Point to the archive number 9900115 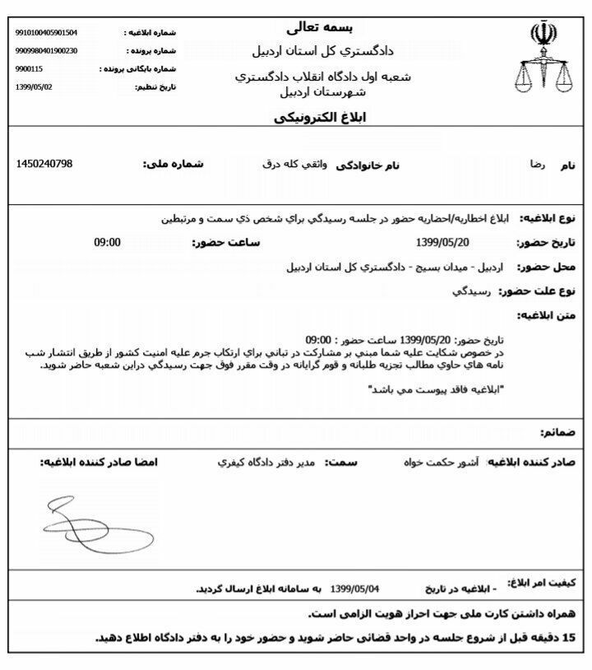coord(30,69)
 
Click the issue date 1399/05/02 coord(34,86)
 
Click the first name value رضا coord(537,165)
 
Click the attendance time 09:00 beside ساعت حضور coord(107,242)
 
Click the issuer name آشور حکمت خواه coord(449,463)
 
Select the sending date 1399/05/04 coord(356,589)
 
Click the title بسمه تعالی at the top coord(322,28)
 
